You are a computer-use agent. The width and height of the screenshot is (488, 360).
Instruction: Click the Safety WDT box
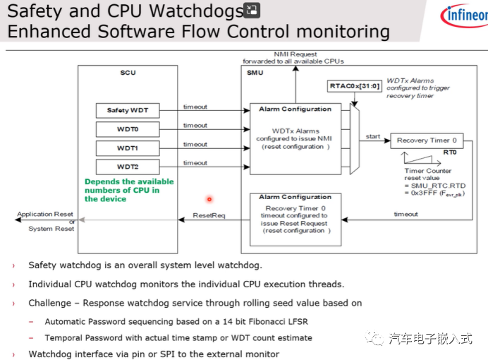[x=128, y=111]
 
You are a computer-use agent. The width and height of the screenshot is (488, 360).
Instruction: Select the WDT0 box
[x=128, y=129]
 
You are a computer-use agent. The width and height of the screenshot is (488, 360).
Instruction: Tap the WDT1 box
[x=128, y=148]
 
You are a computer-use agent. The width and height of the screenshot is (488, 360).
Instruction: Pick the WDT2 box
[x=128, y=167]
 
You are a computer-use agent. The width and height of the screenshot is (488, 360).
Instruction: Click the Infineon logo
[x=462, y=16]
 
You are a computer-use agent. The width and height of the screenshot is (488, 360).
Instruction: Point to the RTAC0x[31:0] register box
[x=355, y=86]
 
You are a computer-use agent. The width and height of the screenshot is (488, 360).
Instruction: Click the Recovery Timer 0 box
[x=431, y=140]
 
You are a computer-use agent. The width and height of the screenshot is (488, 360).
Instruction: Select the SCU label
[x=128, y=73]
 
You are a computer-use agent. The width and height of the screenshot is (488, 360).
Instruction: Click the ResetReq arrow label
[x=209, y=215]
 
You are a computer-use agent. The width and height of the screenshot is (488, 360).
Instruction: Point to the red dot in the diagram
[x=209, y=199]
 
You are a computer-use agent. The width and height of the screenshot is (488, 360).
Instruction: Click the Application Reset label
[x=45, y=214]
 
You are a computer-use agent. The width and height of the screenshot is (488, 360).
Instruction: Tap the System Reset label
[x=51, y=229]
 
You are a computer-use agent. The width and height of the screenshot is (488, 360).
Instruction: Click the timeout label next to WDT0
[x=195, y=126]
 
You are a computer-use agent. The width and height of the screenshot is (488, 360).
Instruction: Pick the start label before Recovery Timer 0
[x=373, y=136]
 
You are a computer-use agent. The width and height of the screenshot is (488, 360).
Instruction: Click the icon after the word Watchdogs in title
[x=252, y=10]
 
